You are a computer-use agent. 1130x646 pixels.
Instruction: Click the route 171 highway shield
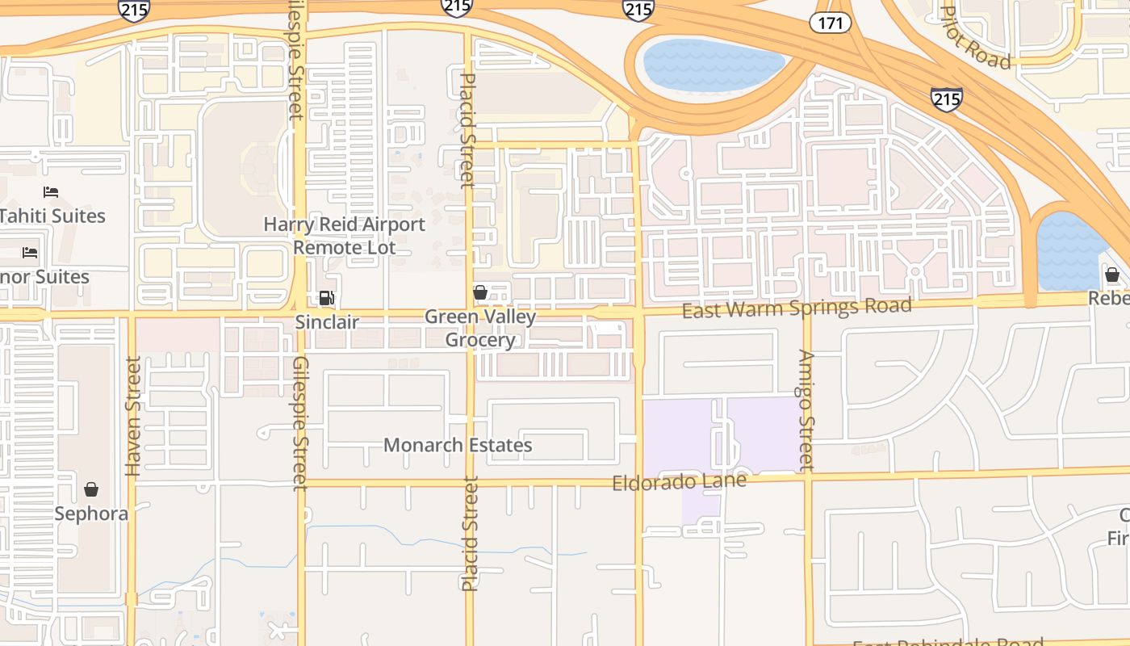(831, 23)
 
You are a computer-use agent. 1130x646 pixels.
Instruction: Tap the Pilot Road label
(976, 38)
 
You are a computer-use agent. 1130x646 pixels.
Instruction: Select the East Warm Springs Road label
(797, 308)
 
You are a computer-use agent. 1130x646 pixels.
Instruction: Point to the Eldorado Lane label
(679, 481)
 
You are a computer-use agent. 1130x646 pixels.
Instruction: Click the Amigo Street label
(806, 409)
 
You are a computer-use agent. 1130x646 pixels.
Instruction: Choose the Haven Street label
(133, 417)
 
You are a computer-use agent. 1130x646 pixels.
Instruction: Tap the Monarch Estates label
(458, 445)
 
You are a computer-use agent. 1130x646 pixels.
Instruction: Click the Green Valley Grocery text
(480, 328)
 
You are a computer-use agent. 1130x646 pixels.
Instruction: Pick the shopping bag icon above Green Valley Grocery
(480, 292)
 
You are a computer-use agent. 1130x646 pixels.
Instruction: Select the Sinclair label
(327, 322)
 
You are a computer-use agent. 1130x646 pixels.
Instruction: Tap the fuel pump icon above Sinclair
(326, 298)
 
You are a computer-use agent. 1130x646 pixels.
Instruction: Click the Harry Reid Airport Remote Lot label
(345, 236)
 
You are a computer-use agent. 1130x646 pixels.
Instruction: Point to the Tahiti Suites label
(52, 216)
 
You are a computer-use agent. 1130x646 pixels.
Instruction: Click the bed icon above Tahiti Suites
(51, 192)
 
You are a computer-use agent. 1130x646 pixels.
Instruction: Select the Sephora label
(91, 514)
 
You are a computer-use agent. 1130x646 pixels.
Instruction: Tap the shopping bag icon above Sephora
(91, 489)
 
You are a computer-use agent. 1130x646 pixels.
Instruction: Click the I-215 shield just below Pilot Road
(946, 99)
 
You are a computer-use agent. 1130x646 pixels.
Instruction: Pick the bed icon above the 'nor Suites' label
(30, 253)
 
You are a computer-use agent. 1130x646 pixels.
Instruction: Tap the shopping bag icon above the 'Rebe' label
(1112, 275)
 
